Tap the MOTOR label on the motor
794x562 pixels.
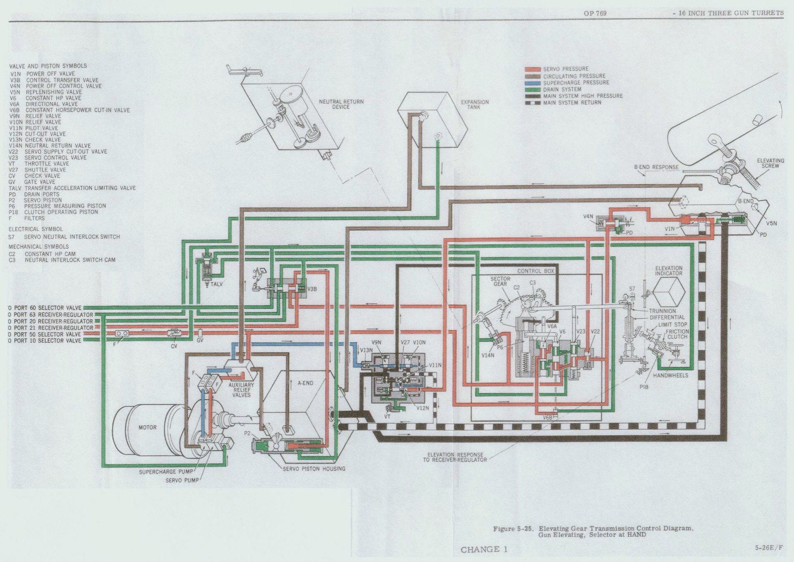(x=147, y=428)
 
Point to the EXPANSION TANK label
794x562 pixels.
(x=474, y=104)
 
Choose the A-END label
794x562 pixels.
(x=305, y=383)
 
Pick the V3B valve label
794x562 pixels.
(x=312, y=289)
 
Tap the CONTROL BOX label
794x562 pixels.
(x=535, y=271)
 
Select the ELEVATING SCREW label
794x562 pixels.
(x=770, y=163)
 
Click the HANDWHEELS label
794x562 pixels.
(x=670, y=376)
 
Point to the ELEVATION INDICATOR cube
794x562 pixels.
(x=668, y=292)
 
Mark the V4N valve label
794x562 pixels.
(x=588, y=217)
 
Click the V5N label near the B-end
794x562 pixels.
(x=771, y=223)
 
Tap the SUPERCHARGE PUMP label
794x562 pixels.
(x=166, y=472)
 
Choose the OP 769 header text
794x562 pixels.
(x=595, y=13)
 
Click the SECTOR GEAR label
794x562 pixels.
(x=500, y=281)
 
